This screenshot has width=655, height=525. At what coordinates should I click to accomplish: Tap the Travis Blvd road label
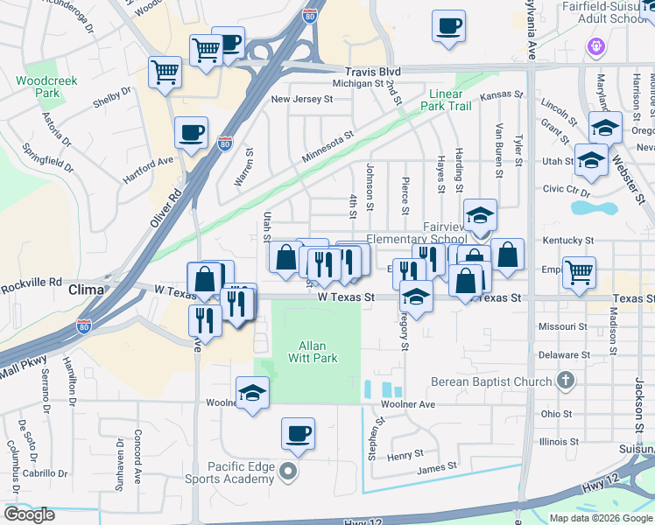click(x=372, y=73)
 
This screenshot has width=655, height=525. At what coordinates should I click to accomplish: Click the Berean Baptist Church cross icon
click(x=566, y=381)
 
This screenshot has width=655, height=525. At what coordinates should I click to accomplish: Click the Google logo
click(x=29, y=514)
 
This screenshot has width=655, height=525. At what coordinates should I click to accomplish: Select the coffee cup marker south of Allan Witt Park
click(x=299, y=433)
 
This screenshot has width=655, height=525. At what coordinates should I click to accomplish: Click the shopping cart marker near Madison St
click(x=579, y=273)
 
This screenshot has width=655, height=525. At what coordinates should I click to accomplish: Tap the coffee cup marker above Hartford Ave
click(x=191, y=133)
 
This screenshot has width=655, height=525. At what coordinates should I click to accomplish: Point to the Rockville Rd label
click(x=32, y=282)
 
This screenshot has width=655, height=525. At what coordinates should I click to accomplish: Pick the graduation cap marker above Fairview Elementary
click(x=479, y=215)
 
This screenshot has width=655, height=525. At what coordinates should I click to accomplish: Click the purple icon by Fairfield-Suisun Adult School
click(x=597, y=44)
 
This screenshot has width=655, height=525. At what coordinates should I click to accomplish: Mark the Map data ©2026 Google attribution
click(x=601, y=518)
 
